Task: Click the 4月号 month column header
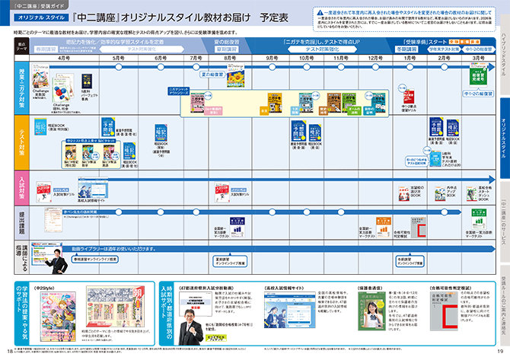[64, 58]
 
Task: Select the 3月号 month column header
[477, 58]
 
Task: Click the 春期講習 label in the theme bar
[52, 48]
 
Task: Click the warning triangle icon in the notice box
[320, 13]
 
